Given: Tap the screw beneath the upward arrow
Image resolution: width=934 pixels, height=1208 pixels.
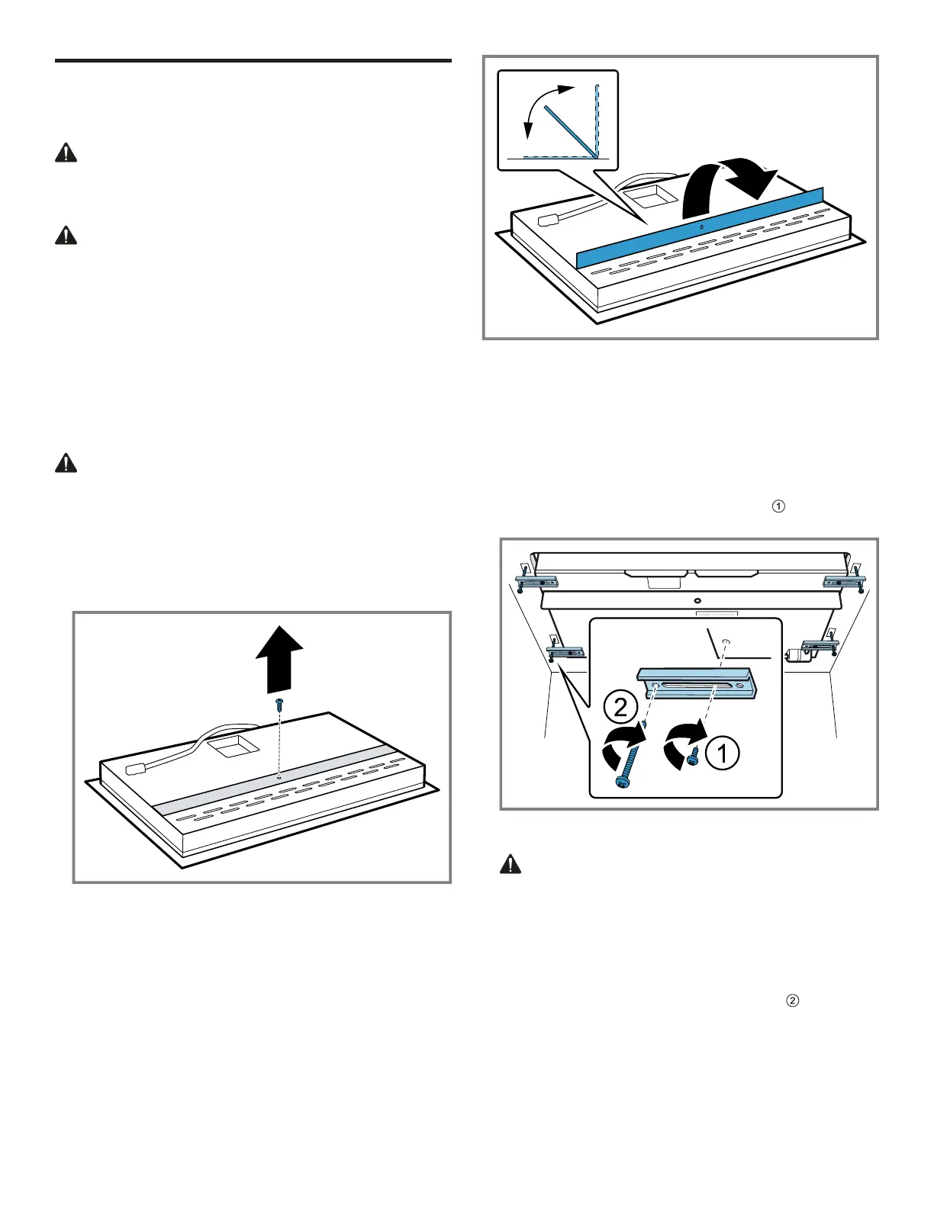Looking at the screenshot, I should [279, 702].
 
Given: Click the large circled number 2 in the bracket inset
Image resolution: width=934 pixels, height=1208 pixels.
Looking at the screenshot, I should [621, 708].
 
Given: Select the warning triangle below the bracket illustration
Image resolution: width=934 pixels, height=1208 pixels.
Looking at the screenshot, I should [510, 864].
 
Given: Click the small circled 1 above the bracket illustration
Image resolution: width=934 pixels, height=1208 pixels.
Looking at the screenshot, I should [778, 505].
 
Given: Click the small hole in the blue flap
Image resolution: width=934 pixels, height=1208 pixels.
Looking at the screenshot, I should [701, 227].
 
